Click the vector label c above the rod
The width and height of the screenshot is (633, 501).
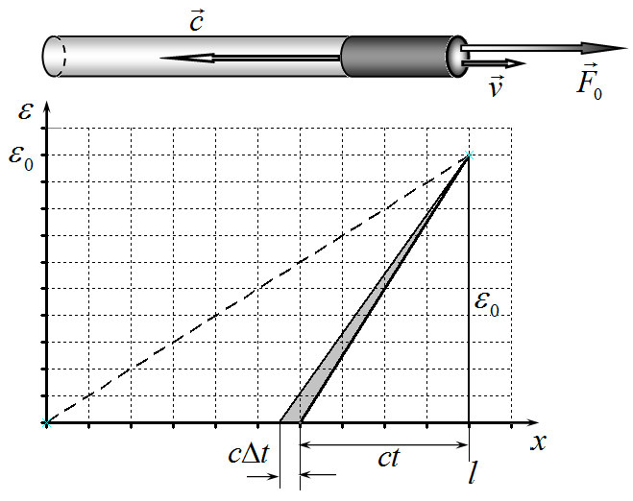pos(197,21)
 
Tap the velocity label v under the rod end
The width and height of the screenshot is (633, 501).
pos(496,86)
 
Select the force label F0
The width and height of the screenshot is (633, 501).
pos(590,83)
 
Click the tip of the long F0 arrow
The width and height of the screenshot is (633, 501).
pos(627,48)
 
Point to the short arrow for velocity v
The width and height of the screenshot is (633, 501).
pos(494,63)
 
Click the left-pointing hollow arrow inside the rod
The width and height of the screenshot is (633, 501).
pos(251,59)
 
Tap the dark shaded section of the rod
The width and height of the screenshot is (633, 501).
pos(397,56)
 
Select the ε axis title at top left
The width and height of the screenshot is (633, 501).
pos(25,111)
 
